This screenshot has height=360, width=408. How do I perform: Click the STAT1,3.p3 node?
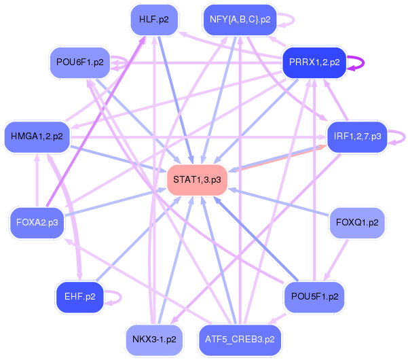pos(197,180)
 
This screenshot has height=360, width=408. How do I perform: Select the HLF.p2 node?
pos(153,19)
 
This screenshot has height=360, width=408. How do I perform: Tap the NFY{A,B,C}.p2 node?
pos(240,19)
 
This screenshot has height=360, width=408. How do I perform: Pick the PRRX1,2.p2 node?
pos(314,62)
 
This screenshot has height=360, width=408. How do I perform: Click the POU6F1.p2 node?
pos(80,62)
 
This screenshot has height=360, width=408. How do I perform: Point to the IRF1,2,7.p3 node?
pos(357,136)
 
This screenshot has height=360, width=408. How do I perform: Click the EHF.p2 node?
pos(79,297)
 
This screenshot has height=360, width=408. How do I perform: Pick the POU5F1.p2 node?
pos(314,297)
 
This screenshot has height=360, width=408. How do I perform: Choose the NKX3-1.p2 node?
pos(154,338)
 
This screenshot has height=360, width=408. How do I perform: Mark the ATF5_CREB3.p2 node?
pos(240,338)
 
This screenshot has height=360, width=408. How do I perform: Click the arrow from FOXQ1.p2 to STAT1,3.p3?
pos(285,202)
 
